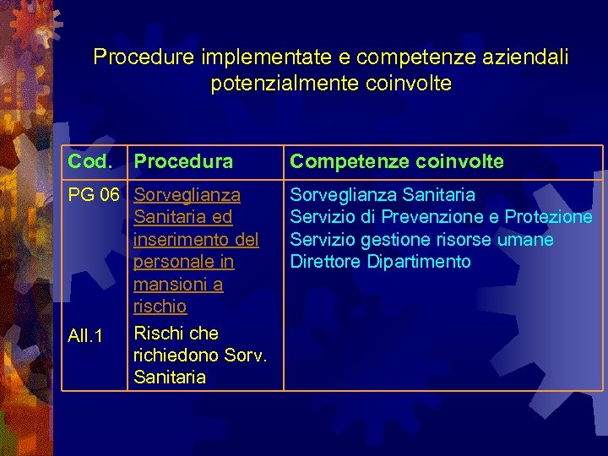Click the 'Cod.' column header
coord(90,161)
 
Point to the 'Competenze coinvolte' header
coord(396,161)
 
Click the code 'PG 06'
coord(94,195)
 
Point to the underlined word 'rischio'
coord(160,306)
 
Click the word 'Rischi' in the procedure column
coord(157,333)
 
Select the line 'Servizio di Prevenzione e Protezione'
coord(441,217)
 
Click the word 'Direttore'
coord(326,262)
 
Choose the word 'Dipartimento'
coord(419,262)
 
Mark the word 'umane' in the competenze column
coord(529,240)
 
